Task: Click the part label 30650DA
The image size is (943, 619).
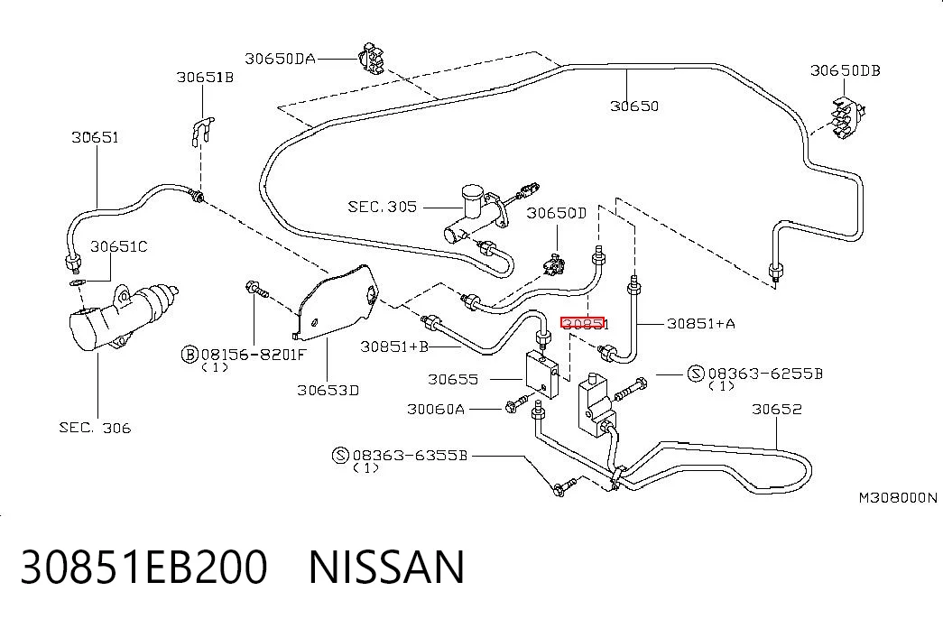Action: [280, 59]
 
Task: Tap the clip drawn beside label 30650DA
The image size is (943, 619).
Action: [371, 59]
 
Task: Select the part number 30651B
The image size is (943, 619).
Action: [205, 78]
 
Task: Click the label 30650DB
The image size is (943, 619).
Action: [845, 70]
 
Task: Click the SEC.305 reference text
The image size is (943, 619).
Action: [382, 207]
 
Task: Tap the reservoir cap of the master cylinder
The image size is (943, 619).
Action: [472, 192]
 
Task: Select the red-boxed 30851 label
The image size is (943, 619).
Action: [582, 324]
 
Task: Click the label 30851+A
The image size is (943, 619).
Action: [700, 324]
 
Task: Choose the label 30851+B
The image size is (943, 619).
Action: [394, 346]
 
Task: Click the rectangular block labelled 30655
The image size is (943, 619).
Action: [541, 375]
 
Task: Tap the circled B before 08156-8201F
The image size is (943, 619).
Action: [190, 355]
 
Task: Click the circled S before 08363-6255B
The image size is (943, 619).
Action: [696, 374]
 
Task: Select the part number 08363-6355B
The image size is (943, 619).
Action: [410, 456]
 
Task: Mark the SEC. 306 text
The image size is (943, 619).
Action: [95, 428]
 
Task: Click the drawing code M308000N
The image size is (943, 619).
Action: [897, 497]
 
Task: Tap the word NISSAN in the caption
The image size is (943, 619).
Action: [386, 567]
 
